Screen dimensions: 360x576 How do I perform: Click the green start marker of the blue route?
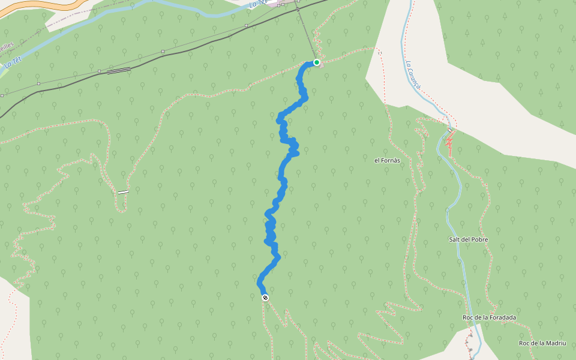tap(316, 62)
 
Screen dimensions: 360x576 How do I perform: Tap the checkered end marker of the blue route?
tap(265, 298)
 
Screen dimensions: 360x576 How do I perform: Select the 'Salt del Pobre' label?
tap(468, 239)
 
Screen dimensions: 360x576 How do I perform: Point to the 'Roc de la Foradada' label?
tap(490, 317)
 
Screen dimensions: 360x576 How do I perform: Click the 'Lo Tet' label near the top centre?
tap(257, 4)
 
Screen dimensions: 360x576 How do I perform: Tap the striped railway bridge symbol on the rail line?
tap(119, 71)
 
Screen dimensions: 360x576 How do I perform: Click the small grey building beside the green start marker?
tap(322, 65)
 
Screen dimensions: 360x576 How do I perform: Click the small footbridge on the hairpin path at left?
tap(123, 192)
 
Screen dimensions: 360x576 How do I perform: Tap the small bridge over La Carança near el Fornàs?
tap(449, 130)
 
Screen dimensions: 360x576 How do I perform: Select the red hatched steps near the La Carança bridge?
tap(448, 143)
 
